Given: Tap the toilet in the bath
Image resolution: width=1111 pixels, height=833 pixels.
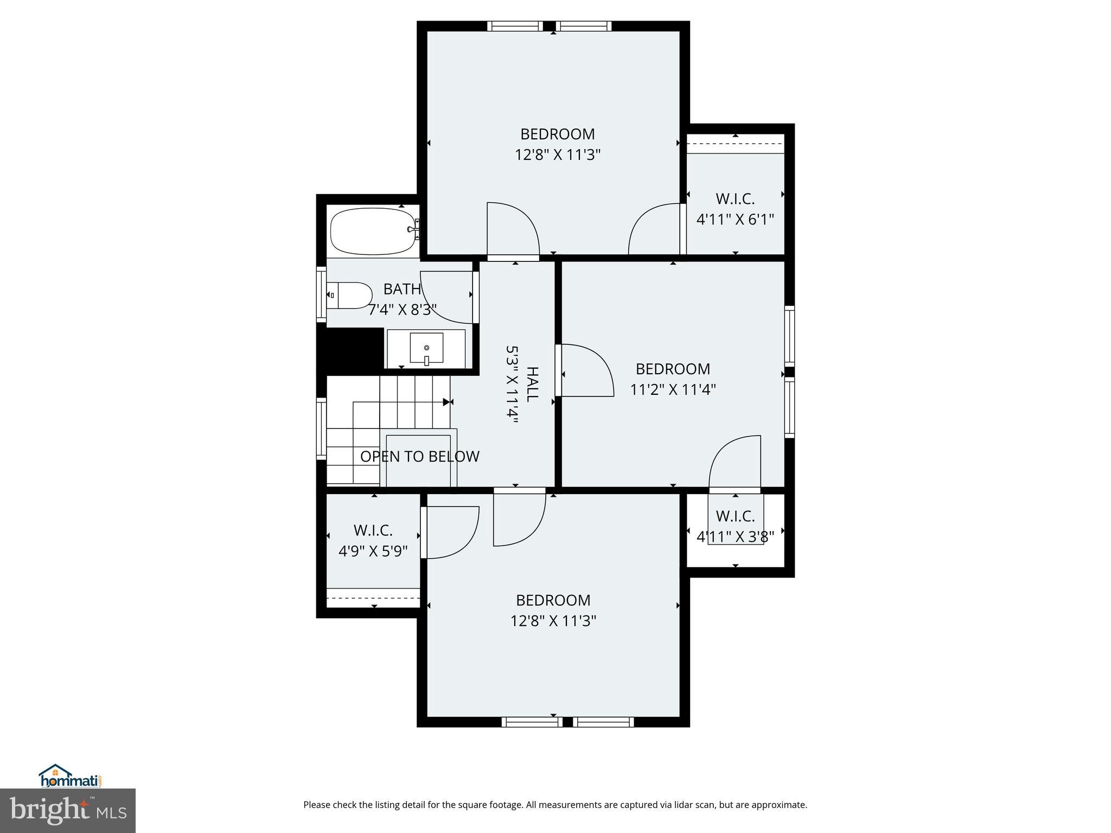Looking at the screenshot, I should tap(350, 295).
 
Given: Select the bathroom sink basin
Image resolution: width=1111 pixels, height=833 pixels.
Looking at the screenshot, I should tap(426, 348).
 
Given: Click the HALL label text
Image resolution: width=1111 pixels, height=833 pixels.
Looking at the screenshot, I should tap(532, 384).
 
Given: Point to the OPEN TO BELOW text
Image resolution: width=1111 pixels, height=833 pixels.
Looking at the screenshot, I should tap(420, 457).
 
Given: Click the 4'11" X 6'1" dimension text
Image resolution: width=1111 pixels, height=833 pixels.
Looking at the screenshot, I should tap(735, 220).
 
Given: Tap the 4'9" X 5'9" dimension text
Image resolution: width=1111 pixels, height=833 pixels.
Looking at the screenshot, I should tap(373, 552).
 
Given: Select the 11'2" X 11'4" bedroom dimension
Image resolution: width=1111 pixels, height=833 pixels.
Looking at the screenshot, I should tap(673, 389).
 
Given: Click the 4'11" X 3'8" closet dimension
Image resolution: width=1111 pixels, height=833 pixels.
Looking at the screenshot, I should tap(735, 537).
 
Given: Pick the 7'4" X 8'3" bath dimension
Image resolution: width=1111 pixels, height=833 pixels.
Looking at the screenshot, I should tap(403, 310).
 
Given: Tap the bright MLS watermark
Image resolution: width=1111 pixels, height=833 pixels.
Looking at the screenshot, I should tap(68, 810).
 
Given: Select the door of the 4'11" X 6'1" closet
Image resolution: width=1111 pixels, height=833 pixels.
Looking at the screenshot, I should tap(654, 229).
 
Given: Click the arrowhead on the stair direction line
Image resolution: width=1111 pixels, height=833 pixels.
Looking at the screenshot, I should tap(447, 402).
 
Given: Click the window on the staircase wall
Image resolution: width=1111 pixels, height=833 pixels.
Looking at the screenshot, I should tap(321, 428).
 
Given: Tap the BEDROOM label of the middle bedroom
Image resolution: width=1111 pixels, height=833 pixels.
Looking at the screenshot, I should tap(673, 369).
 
